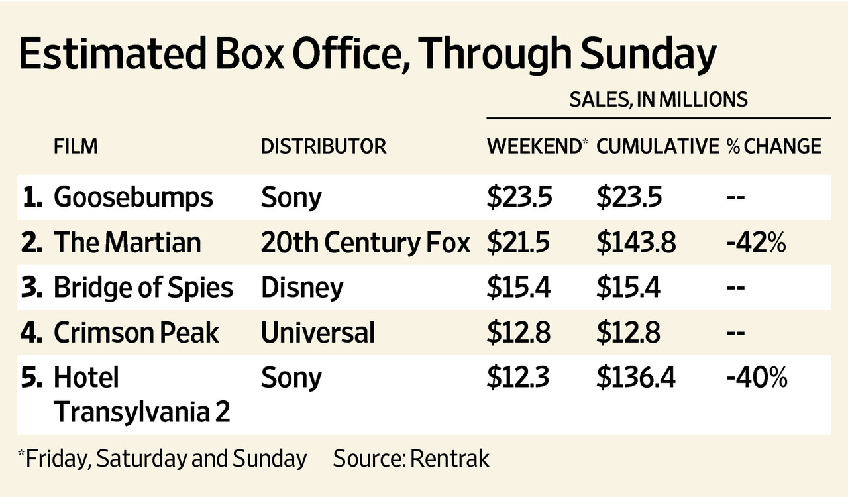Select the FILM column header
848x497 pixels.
[76, 146]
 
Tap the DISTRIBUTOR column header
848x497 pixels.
[323, 146]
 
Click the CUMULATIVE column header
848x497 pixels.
[657, 146]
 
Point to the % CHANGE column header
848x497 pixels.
[774, 146]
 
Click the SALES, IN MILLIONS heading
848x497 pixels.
[659, 99]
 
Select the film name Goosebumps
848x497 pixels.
[134, 197]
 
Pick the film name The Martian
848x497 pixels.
[127, 243]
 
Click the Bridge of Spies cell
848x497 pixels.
[143, 288]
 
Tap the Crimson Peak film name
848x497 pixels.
[136, 333]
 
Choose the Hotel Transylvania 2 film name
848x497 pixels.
[142, 395]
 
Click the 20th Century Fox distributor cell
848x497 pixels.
[365, 243]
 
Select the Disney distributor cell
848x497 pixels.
[302, 288]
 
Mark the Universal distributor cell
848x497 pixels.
[318, 333]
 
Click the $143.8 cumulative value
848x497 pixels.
[636, 243]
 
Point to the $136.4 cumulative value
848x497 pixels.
[636, 378]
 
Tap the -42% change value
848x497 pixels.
[756, 243]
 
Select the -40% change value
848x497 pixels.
[757, 378]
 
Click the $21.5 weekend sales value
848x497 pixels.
[519, 243]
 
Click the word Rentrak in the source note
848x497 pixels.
[449, 459]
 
